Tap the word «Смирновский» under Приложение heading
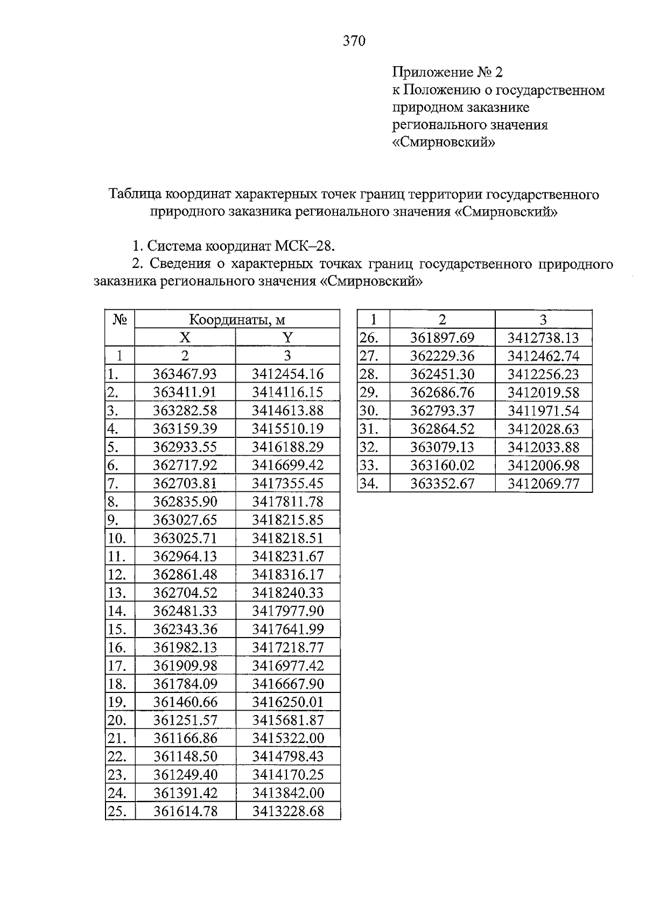444,143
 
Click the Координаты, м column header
237,320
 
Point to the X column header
185,338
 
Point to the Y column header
287,338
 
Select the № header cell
120,320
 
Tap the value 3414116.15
287,392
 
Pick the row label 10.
117,538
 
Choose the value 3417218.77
287,647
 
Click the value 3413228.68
287,811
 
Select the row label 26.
369,338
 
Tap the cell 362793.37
442,411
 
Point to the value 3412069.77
543,484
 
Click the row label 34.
369,484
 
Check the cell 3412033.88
543,447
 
